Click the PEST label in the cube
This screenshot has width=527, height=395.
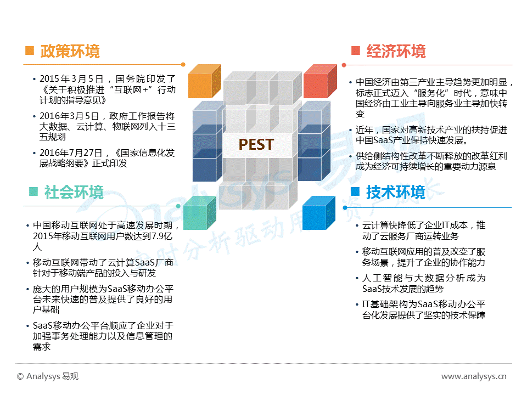click(x=256, y=144)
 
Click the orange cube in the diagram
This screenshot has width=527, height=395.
click(x=204, y=81)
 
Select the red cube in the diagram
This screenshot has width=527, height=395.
click(x=320, y=81)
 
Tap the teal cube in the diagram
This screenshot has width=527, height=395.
click(x=200, y=213)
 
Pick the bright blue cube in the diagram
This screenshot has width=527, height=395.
click(x=318, y=213)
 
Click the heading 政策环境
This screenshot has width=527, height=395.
click(x=70, y=51)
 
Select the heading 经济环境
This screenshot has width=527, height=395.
click(x=396, y=51)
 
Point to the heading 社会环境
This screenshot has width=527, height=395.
click(x=74, y=192)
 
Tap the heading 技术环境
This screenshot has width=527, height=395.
click(x=396, y=192)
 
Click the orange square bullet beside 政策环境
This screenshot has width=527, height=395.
click(x=30, y=50)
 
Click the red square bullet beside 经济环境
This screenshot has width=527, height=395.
click(x=356, y=50)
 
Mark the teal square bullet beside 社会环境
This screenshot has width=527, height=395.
click(x=33, y=191)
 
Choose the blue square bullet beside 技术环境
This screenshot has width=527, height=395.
click(x=355, y=191)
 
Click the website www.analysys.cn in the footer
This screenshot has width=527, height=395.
click(x=474, y=376)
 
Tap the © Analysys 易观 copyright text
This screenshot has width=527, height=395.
click(x=48, y=376)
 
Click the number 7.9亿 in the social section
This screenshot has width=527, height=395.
click(x=161, y=236)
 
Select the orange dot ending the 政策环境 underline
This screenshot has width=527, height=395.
click(x=183, y=65)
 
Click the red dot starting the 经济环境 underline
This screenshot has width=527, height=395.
click(x=344, y=65)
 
